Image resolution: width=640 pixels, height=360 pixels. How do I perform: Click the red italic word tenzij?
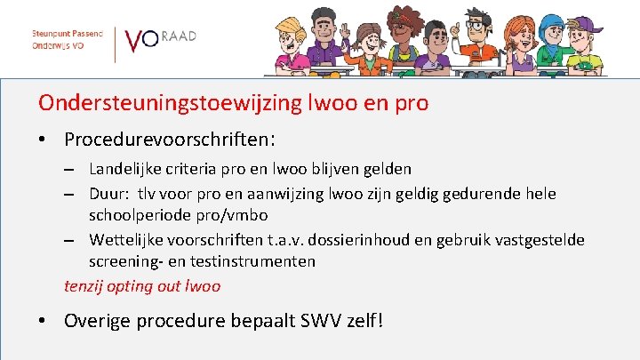click(x=83, y=286)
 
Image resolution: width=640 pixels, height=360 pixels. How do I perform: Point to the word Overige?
click(x=97, y=320)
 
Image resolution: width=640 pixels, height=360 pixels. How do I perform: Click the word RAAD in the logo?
click(x=180, y=36)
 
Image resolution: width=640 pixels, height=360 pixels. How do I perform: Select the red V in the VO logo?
click(x=134, y=42)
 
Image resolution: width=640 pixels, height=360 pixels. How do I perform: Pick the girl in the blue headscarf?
click(x=540, y=40)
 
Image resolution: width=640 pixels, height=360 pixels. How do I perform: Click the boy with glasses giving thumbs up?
click(x=488, y=40)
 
